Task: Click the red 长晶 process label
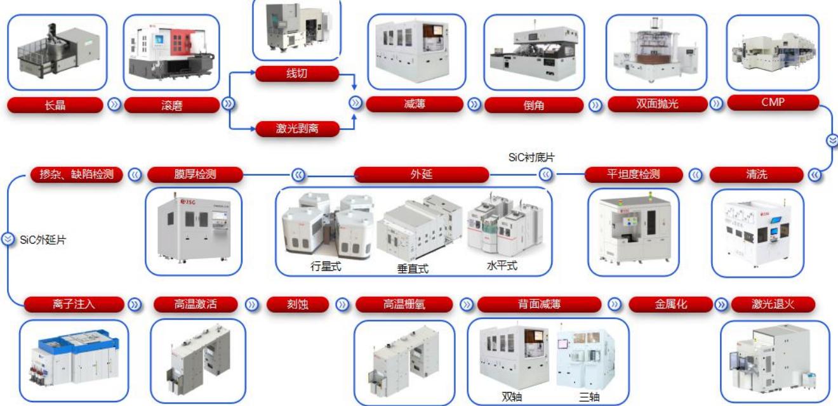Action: point(55,105)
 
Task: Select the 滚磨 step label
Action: point(171,105)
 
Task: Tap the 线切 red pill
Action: point(297,74)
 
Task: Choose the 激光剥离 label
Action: point(297,129)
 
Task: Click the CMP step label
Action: point(773,102)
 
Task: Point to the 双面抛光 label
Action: point(657,103)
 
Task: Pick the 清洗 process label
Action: point(757,174)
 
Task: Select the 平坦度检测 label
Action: point(634,174)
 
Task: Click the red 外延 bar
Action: point(422,174)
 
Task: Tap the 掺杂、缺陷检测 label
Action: point(76,174)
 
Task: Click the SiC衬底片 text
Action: point(531,157)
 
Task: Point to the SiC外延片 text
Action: point(43,240)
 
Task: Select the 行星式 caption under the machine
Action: point(326,266)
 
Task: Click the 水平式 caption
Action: point(502,265)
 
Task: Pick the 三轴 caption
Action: point(589,396)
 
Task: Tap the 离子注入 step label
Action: point(74,304)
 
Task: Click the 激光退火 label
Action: point(773,304)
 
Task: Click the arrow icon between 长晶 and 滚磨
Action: point(114,104)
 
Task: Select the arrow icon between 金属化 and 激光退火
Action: point(721,304)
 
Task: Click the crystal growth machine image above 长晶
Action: point(57,53)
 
